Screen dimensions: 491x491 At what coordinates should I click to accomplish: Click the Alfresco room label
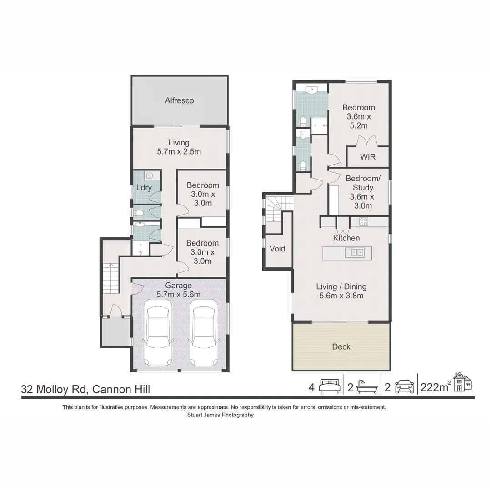tap(179, 100)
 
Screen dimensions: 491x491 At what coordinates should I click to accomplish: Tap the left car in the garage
tap(158, 336)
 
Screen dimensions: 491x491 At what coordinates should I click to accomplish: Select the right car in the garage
tap(203, 336)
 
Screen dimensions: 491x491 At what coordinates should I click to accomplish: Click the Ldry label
tap(144, 187)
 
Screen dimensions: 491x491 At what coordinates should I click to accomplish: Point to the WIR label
tap(367, 157)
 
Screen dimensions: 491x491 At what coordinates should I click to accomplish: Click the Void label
tap(277, 249)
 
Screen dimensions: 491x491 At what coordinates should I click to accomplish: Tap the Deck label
tap(341, 346)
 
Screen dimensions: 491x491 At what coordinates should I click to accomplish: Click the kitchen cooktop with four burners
tap(364, 221)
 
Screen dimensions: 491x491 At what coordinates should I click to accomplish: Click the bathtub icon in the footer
tap(366, 386)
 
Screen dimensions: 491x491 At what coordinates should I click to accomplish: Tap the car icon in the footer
tap(404, 386)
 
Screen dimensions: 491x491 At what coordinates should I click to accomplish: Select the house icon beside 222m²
tap(462, 382)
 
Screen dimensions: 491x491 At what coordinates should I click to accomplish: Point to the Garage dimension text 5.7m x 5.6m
tap(179, 294)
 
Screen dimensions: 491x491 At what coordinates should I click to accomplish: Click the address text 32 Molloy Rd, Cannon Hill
tap(85, 389)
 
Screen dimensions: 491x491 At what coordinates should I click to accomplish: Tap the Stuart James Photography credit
tap(220, 415)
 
